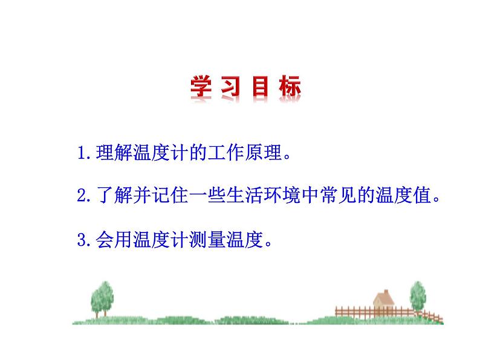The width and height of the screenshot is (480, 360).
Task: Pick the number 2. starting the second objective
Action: (86, 196)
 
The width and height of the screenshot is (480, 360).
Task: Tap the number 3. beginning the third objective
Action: (86, 240)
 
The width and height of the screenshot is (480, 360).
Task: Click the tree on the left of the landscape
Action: (102, 297)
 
